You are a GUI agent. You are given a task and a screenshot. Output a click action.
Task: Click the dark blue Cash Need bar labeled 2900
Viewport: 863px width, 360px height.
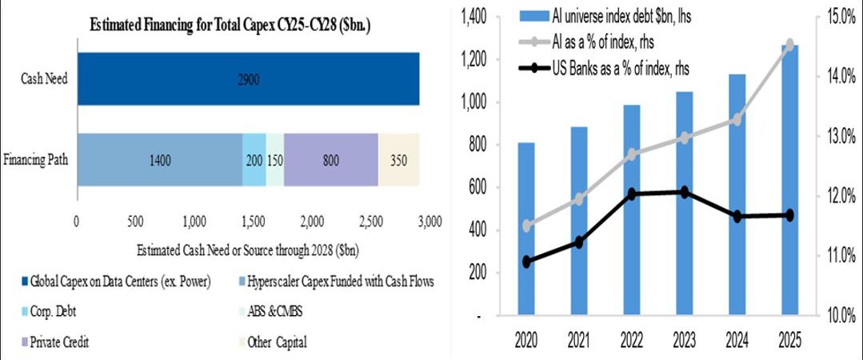248,78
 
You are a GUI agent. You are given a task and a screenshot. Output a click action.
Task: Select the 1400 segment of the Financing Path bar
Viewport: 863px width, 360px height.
159,159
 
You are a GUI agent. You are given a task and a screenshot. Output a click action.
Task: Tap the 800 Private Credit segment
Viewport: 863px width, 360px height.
330,159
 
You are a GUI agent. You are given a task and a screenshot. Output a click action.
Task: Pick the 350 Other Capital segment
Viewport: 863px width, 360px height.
398,159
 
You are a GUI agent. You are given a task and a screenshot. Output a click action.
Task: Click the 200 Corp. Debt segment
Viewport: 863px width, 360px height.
254,159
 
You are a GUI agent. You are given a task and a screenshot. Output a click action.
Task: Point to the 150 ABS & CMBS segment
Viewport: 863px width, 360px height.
274,159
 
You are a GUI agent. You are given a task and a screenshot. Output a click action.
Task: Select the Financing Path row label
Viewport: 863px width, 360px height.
35,159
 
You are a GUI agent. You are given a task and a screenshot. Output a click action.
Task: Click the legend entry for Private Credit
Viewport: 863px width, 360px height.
59,342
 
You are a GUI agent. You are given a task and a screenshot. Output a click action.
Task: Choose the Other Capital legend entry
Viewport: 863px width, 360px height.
276,342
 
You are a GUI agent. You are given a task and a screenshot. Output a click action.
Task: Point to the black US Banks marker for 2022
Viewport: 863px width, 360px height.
631,194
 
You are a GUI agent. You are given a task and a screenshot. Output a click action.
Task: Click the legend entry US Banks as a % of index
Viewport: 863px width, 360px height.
620,70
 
